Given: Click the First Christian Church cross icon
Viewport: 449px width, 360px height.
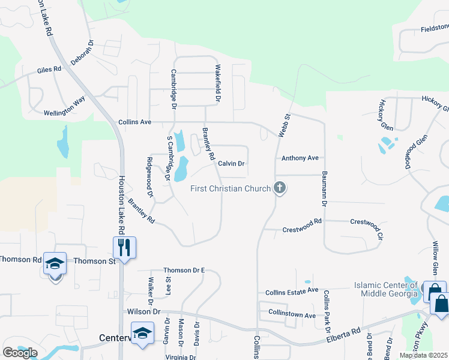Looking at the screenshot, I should (279, 188).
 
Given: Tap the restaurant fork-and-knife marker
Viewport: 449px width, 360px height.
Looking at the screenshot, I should (124, 247).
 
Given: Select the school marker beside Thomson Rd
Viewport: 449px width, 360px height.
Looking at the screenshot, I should (54, 264).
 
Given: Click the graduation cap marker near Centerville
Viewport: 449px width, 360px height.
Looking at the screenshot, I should (142, 333).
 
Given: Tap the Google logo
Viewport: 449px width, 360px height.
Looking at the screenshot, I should (20, 352).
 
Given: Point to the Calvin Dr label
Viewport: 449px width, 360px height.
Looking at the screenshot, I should (231, 163).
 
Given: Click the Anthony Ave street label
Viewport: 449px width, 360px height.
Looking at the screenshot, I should (300, 158).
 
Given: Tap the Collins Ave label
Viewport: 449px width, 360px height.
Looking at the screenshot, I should (134, 122).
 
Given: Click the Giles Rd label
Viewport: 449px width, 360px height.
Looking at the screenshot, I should (49, 70).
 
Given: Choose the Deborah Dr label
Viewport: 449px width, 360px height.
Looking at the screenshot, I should (83, 53).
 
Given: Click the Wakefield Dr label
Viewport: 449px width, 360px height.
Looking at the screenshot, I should (218, 83).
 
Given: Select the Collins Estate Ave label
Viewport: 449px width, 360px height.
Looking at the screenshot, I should (292, 290).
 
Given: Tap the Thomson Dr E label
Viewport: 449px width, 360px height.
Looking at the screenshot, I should (184, 270).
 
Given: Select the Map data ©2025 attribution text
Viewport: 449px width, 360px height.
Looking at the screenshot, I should (424, 355).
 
